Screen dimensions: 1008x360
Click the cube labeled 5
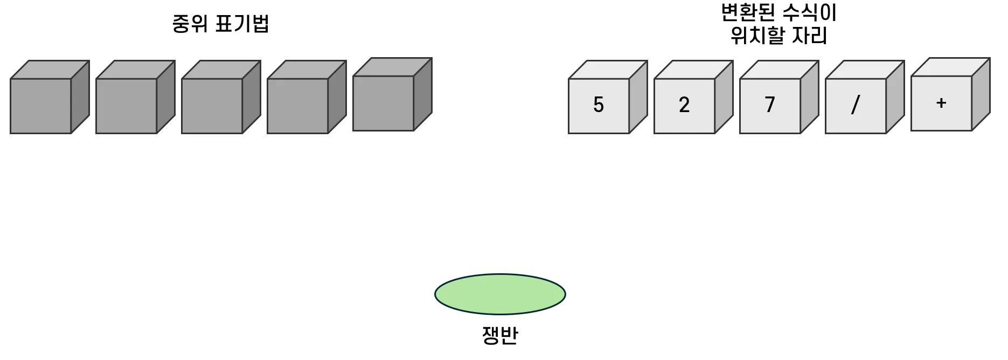pos(599,106)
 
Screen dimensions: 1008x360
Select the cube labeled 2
pos(684,106)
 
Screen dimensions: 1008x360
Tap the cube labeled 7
pos(770,106)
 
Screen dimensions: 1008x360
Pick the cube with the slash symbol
pos(856,106)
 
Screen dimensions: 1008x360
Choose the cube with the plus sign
pos(941,103)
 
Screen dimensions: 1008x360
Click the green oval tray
pos(500,294)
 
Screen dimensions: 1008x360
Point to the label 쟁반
pos(500,335)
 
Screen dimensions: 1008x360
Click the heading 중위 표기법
pos(220,24)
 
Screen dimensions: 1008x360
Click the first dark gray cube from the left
pos(41,106)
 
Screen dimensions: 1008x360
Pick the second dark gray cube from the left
pos(127,106)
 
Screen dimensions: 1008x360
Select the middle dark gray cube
pos(212,106)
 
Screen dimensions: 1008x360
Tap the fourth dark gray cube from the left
pos(298,106)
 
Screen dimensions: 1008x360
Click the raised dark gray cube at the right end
pos(384,103)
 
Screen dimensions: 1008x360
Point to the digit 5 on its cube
pos(599,105)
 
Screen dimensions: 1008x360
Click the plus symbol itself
pos(941,103)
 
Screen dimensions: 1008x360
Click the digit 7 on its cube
pos(770,105)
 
